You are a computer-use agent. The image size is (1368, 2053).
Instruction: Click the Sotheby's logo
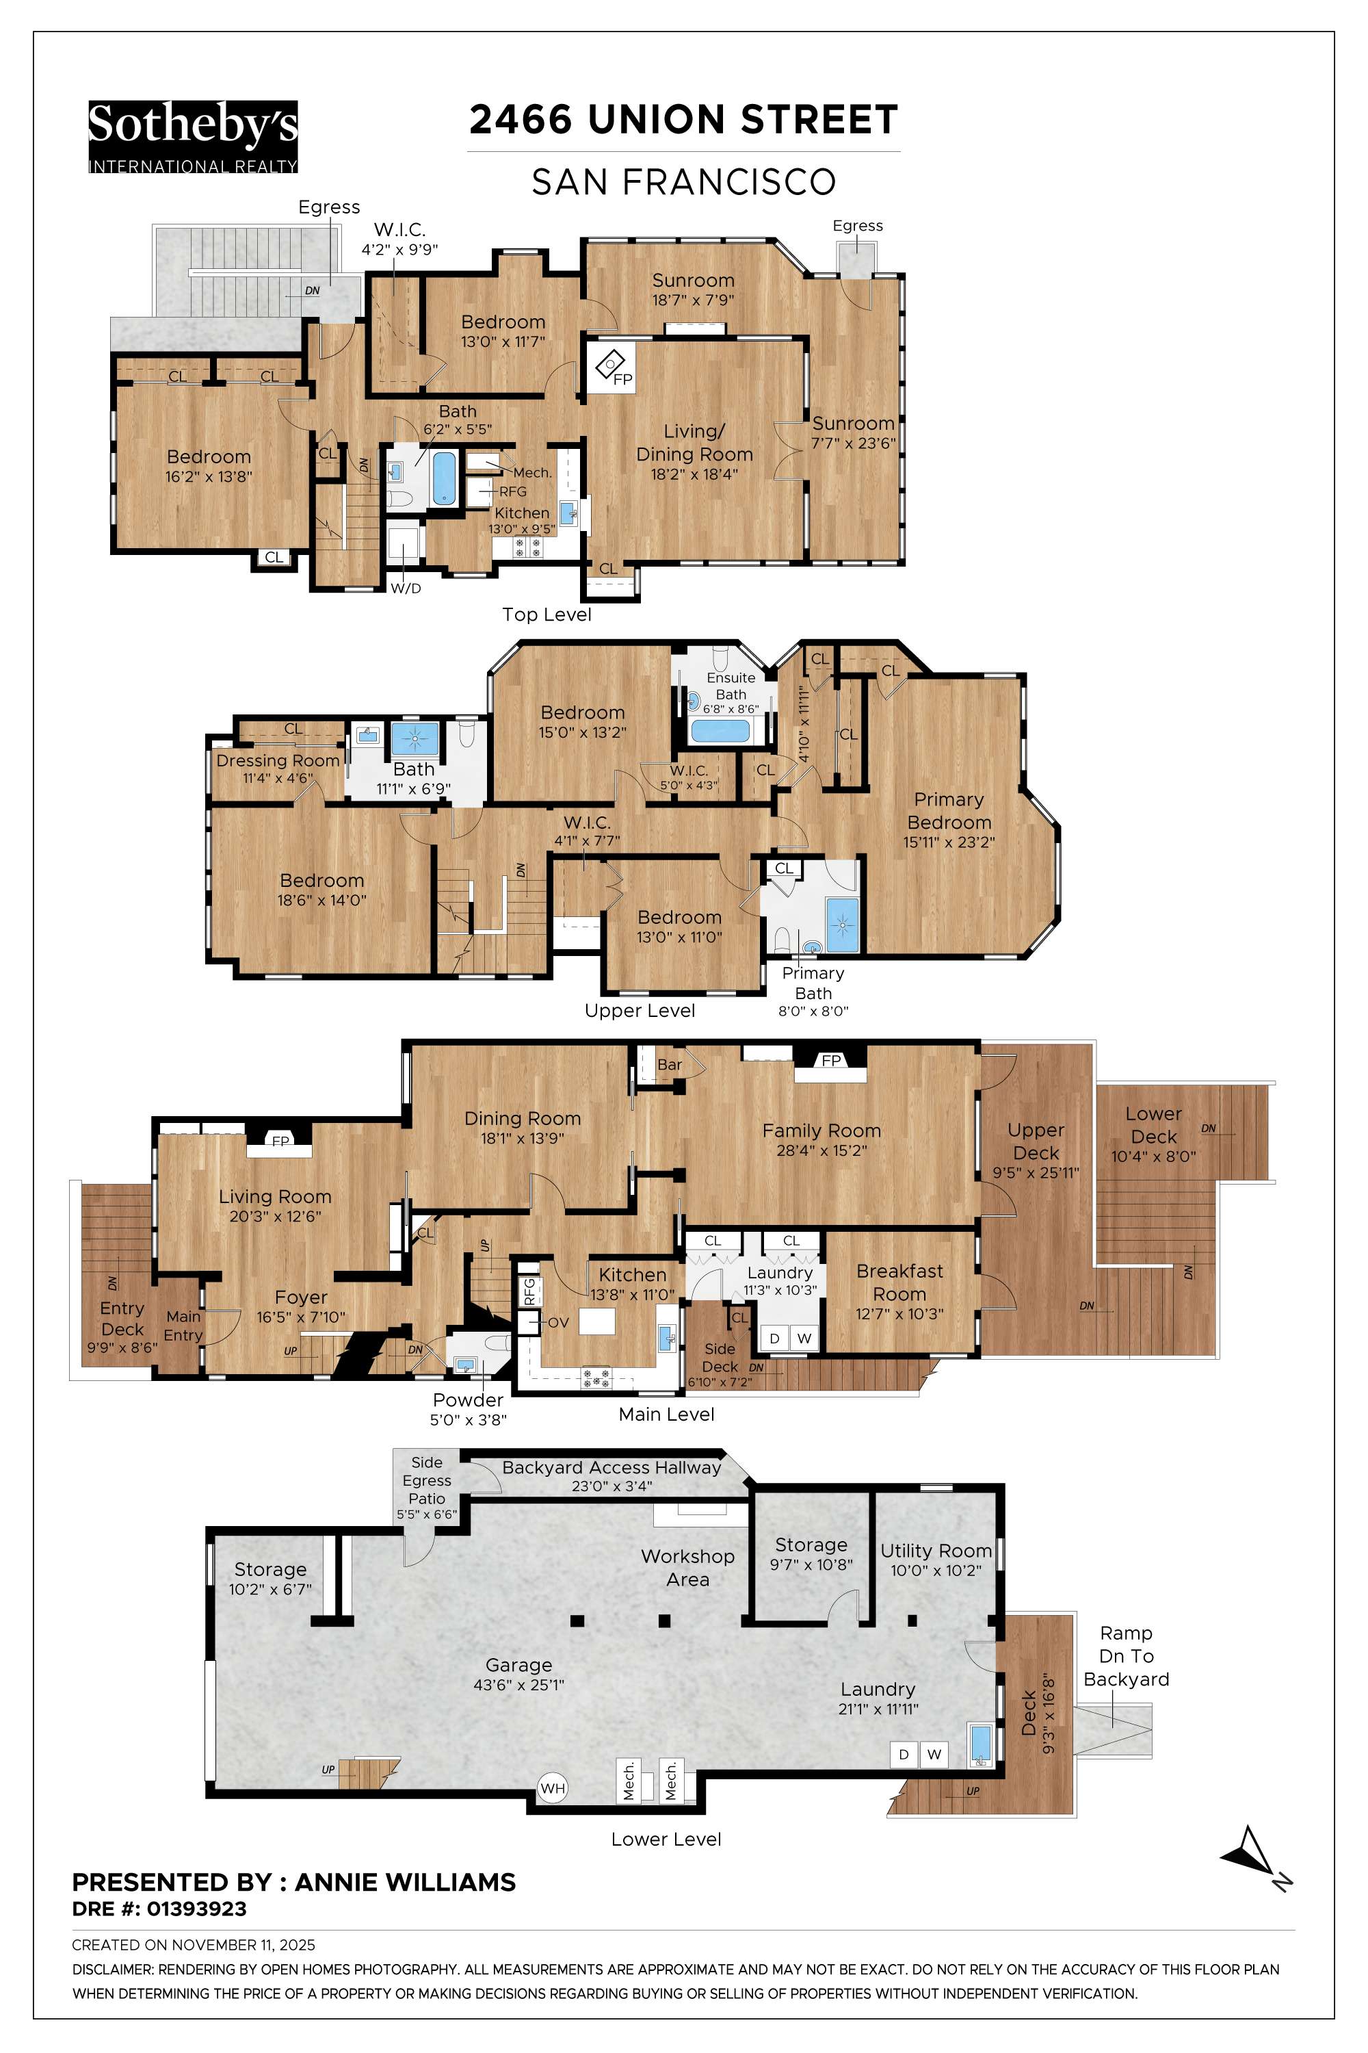[193, 136]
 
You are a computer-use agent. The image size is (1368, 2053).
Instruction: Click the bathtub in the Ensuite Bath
[720, 731]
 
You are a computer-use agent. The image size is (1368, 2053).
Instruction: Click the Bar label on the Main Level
[669, 1064]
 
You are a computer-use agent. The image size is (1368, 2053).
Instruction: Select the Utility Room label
[935, 1550]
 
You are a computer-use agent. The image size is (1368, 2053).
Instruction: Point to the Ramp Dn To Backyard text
[1125, 1656]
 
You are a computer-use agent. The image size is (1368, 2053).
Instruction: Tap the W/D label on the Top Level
[405, 589]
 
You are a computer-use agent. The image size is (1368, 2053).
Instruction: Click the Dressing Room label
[278, 760]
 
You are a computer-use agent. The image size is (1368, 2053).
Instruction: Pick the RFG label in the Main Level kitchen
[529, 1291]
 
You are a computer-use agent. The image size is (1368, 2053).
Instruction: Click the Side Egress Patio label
[427, 1480]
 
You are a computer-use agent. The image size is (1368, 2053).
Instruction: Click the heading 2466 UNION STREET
[683, 120]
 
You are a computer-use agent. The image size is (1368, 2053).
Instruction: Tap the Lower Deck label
[1153, 1125]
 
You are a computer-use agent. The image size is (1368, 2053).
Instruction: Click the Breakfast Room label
[899, 1282]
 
